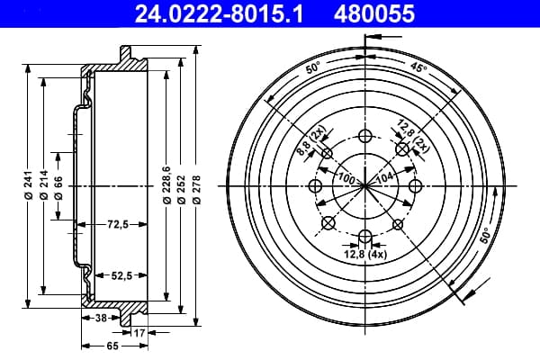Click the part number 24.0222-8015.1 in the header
click(x=219, y=14)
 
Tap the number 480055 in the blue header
click(x=374, y=14)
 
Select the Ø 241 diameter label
click(x=28, y=185)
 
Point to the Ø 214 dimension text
click(x=44, y=185)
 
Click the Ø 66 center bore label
click(x=58, y=188)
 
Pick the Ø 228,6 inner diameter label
click(x=166, y=184)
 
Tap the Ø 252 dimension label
click(x=182, y=190)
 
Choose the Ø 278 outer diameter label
click(x=196, y=190)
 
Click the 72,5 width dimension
click(x=118, y=225)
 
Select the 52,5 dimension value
click(x=121, y=275)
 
